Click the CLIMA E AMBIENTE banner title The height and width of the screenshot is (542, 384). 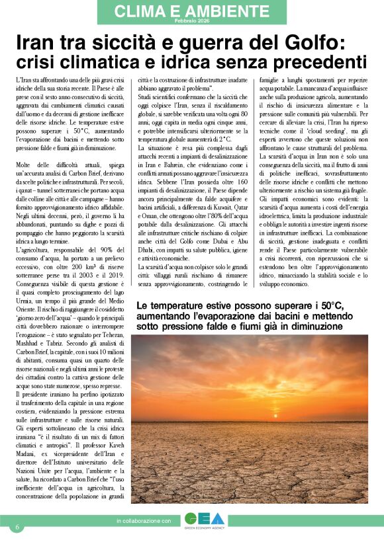[191, 11]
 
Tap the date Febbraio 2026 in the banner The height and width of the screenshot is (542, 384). [191, 22]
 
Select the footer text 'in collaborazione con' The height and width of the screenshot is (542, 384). [143, 522]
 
